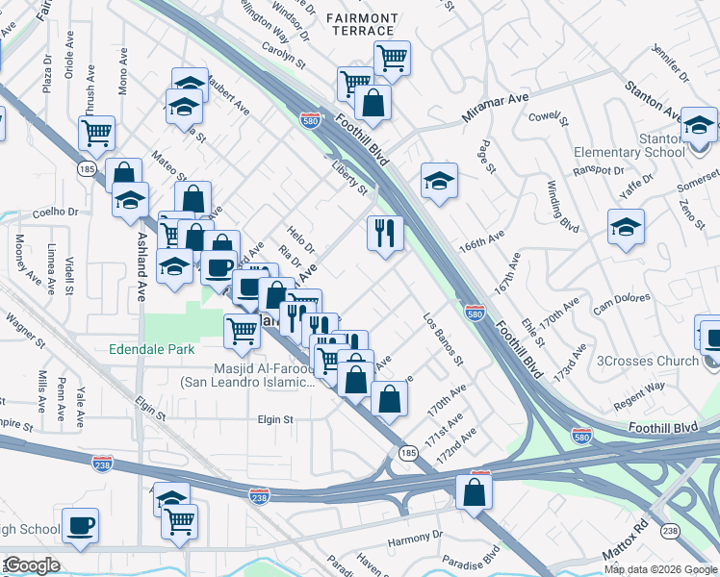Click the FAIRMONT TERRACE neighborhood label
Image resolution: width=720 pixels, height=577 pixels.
coord(361,25)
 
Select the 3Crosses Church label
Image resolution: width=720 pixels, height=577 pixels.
coord(648,362)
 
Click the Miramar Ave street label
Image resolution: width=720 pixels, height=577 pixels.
coord(496,108)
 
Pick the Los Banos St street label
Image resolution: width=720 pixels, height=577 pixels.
coord(444,339)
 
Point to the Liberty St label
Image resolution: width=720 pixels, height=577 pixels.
coord(350,182)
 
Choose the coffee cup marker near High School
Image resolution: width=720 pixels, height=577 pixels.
coord(80,525)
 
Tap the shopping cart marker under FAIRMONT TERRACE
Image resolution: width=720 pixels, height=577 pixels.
coord(392,58)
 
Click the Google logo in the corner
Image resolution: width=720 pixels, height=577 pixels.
coord(32,565)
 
